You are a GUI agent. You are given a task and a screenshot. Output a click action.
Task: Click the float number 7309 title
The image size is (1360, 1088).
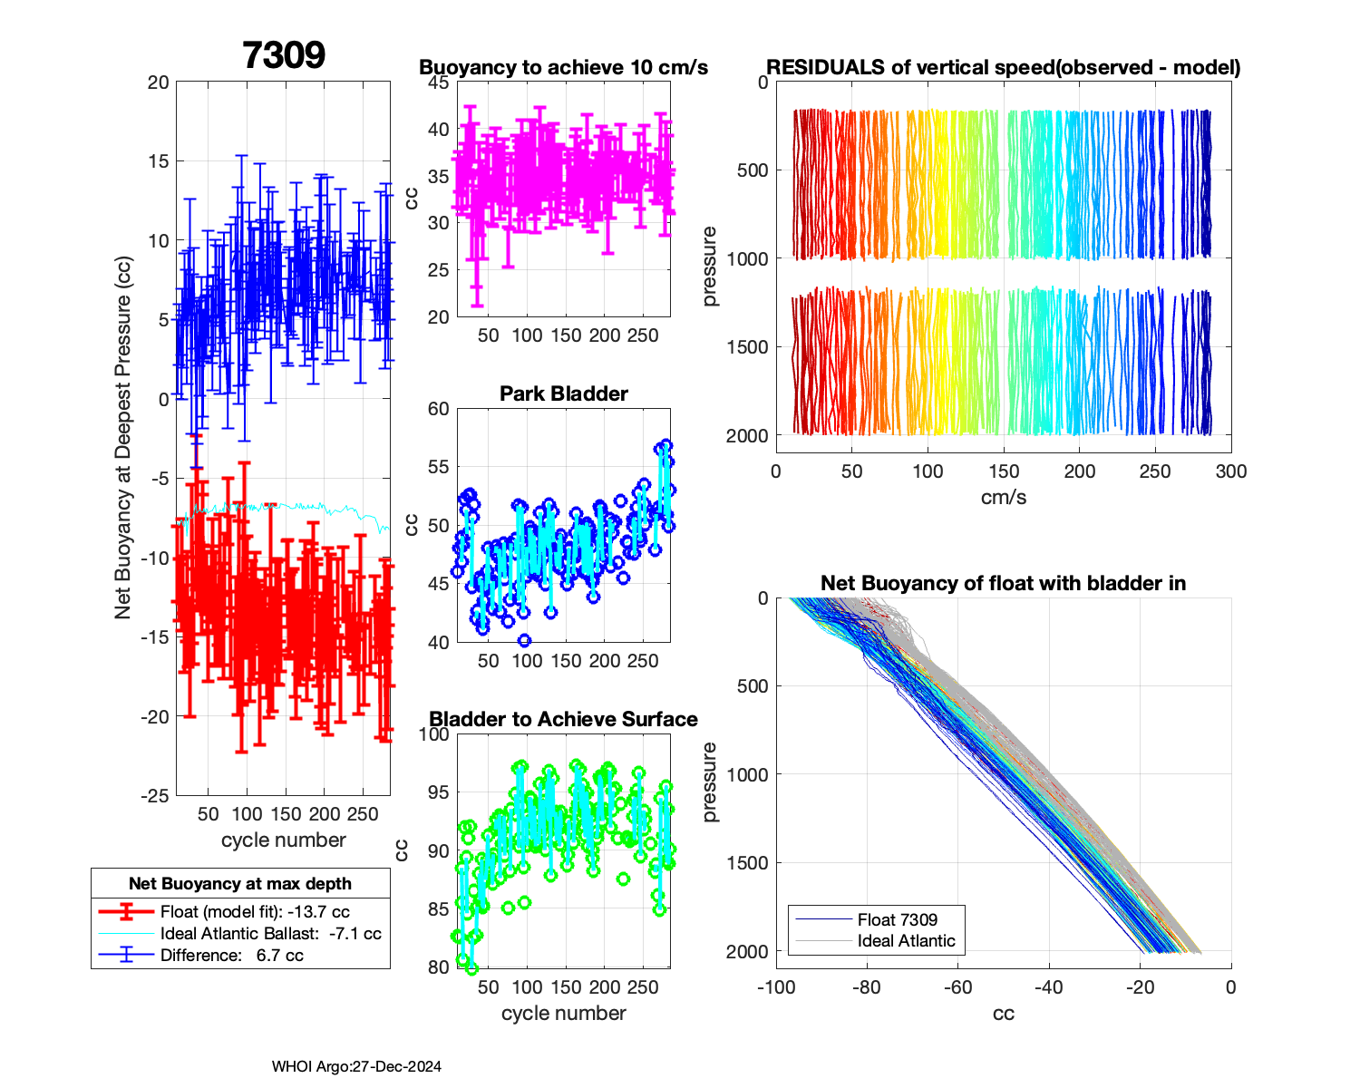click(x=284, y=55)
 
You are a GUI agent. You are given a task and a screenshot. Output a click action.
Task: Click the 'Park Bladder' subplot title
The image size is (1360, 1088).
click(x=564, y=393)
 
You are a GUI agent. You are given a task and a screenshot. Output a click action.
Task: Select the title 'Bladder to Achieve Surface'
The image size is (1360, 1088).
click(x=563, y=719)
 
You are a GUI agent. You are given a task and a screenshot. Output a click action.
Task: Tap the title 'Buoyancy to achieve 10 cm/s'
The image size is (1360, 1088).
click(x=563, y=67)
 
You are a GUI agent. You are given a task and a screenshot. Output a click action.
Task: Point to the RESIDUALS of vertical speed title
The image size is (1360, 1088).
click(x=1003, y=67)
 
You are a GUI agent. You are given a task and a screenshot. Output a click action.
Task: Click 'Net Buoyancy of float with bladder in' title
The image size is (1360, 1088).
click(x=1003, y=583)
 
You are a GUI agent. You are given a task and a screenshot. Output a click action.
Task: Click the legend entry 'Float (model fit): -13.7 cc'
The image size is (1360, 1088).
click(x=255, y=912)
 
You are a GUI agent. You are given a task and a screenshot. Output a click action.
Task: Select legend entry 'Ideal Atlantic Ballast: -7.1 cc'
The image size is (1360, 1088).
click(x=270, y=934)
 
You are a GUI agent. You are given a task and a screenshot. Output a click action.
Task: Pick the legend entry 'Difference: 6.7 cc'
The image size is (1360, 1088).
click(x=231, y=955)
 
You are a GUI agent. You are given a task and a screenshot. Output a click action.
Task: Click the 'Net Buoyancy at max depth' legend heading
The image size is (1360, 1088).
click(x=240, y=883)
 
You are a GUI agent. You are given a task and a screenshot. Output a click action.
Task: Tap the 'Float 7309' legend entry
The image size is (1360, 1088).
click(x=897, y=919)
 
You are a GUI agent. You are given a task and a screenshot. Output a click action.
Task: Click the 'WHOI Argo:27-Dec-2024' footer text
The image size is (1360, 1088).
click(x=356, y=1066)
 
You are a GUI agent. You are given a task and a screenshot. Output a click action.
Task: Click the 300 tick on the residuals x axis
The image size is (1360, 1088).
click(x=1230, y=471)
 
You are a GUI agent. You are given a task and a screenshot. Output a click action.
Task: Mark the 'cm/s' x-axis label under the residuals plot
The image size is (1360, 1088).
click(x=1003, y=497)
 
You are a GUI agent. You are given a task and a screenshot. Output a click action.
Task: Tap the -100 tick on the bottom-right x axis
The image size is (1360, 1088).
click(x=775, y=987)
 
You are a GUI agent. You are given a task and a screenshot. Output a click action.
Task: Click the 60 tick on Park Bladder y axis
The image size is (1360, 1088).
click(x=438, y=409)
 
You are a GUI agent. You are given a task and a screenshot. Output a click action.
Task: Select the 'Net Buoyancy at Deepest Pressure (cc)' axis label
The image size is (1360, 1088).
click(x=123, y=438)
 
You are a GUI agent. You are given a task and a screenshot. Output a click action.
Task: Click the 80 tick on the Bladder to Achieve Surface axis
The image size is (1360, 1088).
click(x=438, y=967)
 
